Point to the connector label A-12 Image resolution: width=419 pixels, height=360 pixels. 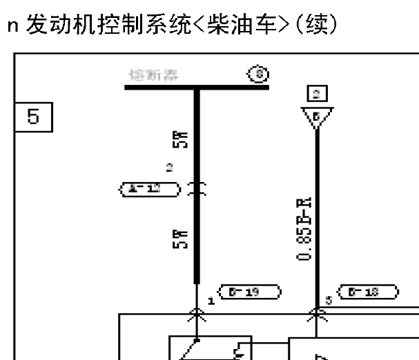(150, 187)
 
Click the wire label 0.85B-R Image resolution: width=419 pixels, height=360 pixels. (309, 227)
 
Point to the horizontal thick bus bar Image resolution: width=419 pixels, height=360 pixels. (197, 88)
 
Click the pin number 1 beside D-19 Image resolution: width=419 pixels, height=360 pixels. (211, 301)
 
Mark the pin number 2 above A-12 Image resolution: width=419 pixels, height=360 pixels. (169, 168)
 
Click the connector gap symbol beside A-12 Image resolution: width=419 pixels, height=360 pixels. (197, 187)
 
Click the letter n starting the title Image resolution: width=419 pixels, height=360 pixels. (12, 26)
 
